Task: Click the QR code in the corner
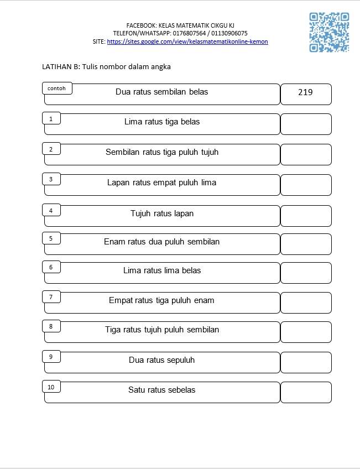pyautogui.click(x=329, y=32)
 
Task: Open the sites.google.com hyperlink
pyautogui.click(x=187, y=41)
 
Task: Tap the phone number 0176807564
pyautogui.click(x=189, y=33)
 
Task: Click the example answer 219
pyautogui.click(x=305, y=92)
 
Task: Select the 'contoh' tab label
pyautogui.click(x=57, y=88)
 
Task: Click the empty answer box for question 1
pyautogui.click(x=306, y=124)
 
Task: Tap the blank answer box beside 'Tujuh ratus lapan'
pyautogui.click(x=306, y=216)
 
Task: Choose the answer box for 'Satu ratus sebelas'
pyautogui.click(x=306, y=393)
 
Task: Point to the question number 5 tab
pyautogui.click(x=51, y=238)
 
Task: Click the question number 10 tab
pyautogui.click(x=51, y=387)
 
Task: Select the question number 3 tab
pyautogui.click(x=51, y=179)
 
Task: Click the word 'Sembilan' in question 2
pyautogui.click(x=123, y=152)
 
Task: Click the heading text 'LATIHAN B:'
pyautogui.click(x=61, y=67)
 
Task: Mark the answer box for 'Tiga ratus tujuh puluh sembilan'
pyautogui.click(x=306, y=332)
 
